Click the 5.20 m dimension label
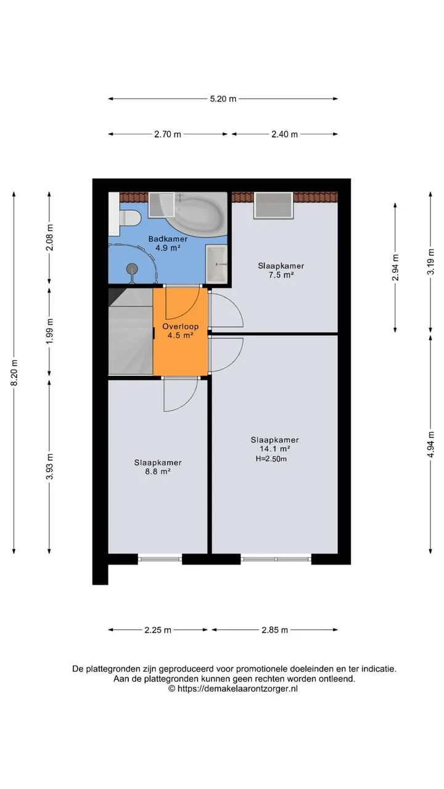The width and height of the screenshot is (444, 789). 223,99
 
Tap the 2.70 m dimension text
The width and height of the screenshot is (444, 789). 168,134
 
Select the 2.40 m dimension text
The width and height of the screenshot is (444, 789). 284,134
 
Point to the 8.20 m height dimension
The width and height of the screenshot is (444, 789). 14,373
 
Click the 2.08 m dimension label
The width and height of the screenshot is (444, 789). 50,237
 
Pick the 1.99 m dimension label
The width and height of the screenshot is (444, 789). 50,332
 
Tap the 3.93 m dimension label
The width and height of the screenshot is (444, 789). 50,467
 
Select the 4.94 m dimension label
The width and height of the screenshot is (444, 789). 430,444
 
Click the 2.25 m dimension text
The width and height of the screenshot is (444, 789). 158,640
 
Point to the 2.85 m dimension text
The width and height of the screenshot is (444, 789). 275,640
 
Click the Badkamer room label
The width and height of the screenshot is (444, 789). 168,239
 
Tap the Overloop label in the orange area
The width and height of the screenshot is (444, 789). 181,327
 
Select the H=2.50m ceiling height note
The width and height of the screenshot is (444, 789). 271,459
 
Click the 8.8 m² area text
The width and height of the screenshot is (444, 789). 158,472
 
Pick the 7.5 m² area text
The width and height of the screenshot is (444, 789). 281,275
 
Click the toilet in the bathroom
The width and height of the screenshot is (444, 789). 129,218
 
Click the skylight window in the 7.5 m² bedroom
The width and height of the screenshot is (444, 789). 274,205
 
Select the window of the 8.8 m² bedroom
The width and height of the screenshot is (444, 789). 160,559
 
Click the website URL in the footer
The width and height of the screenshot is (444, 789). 237,689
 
